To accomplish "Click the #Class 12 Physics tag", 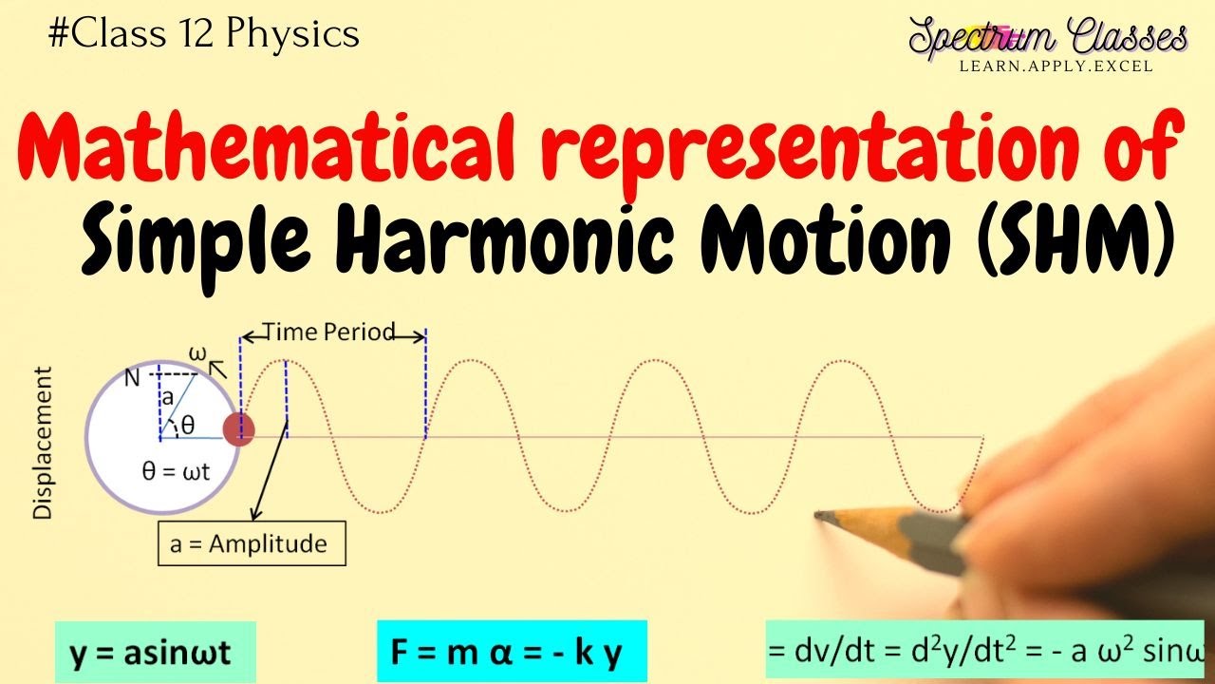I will (203, 35).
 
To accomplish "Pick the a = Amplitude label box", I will (252, 544).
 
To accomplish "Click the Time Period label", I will (328, 332).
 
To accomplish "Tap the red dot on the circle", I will (238, 429).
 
